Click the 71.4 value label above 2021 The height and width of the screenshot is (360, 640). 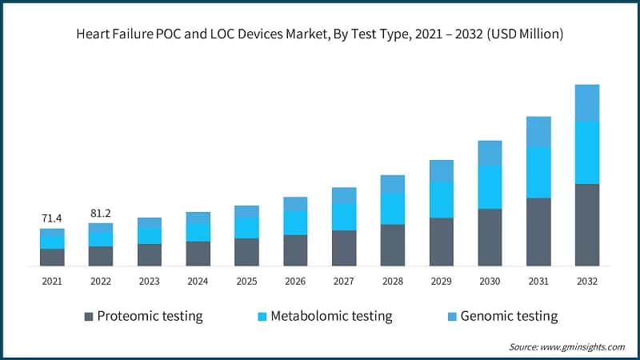52,218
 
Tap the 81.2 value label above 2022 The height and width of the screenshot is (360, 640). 101,213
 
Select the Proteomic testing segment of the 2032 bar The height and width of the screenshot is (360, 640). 587,225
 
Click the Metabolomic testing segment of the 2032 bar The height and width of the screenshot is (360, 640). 587,153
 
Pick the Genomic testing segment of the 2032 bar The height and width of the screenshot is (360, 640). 587,103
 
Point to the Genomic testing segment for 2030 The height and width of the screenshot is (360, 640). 490,154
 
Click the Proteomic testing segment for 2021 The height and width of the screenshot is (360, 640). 52,257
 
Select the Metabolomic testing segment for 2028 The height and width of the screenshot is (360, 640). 392,209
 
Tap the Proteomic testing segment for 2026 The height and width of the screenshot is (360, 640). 295,250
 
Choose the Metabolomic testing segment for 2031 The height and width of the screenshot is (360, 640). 538,173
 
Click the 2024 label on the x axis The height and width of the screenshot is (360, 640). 198,282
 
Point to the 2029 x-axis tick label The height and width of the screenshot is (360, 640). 441,282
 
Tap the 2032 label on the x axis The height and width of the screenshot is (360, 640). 587,282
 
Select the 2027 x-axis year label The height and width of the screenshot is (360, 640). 344,282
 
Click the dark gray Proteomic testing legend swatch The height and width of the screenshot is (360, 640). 88,316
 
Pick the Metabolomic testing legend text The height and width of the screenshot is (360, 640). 331,316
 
